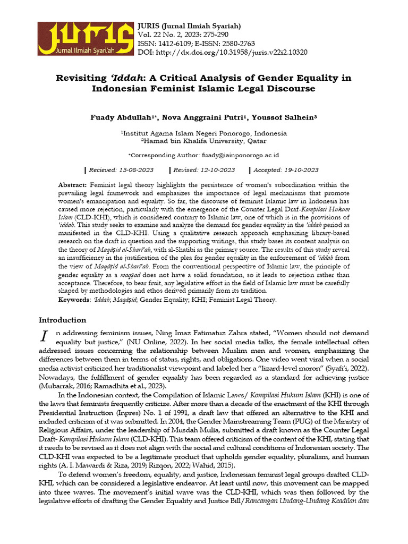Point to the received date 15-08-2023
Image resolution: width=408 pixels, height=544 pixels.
[x=135, y=170]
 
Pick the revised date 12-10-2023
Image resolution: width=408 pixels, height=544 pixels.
[x=213, y=170]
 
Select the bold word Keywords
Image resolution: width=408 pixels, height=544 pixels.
[x=73, y=300]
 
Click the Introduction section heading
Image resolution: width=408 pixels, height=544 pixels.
[x=62, y=320]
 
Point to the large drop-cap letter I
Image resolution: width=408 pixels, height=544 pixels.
[x=45, y=336]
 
